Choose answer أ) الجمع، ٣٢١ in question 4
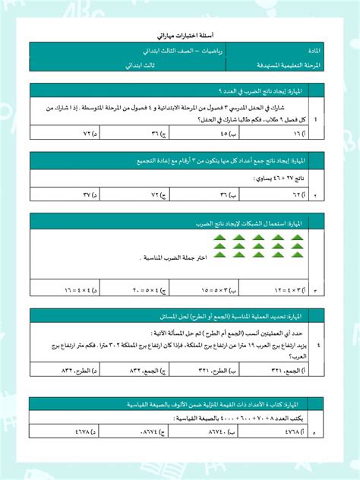coord(289,370)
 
